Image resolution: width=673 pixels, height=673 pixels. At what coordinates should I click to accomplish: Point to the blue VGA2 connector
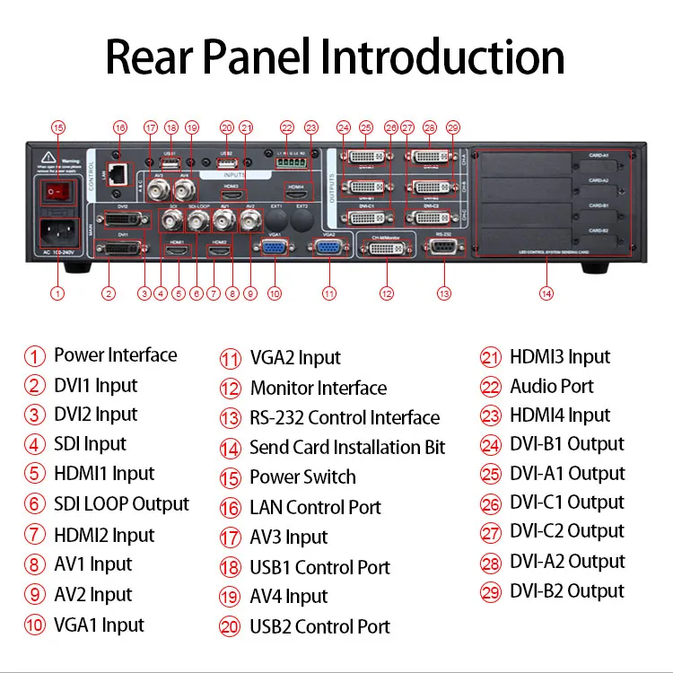[x=330, y=247]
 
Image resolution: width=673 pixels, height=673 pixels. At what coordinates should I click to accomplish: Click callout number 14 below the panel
[x=546, y=293]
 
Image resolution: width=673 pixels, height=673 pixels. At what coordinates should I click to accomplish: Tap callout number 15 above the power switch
[x=57, y=127]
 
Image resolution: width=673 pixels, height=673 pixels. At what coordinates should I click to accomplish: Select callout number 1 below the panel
[x=57, y=293]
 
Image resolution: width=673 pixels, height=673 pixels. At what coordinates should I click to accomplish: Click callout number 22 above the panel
[x=287, y=127]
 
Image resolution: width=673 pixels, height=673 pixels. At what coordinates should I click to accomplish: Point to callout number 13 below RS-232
[x=444, y=293]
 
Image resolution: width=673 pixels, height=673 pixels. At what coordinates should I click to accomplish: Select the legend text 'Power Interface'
[x=115, y=355]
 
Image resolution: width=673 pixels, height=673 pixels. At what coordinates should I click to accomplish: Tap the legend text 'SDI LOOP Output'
[x=121, y=504]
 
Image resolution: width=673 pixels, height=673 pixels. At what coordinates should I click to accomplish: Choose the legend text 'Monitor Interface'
[x=318, y=389]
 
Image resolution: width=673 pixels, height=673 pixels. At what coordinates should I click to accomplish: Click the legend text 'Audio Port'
[x=552, y=387]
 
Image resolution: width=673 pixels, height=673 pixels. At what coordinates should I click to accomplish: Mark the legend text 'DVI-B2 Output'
[x=566, y=591]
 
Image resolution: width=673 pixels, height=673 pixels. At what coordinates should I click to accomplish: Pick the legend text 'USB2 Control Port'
[x=319, y=626]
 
